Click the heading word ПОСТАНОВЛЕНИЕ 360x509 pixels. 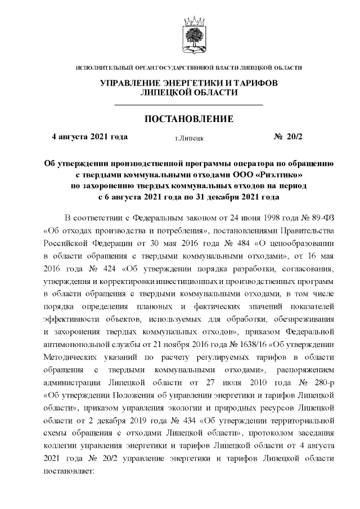pos(189,119)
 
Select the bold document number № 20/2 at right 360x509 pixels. pos(287,137)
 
